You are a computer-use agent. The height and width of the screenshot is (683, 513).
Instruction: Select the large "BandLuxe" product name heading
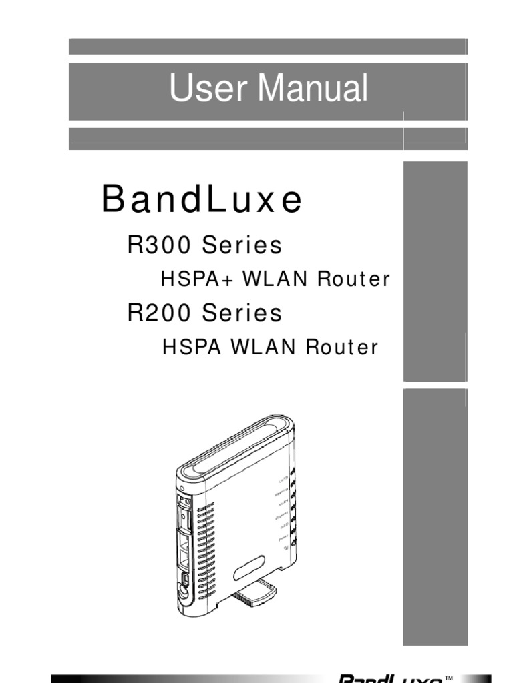click(x=202, y=200)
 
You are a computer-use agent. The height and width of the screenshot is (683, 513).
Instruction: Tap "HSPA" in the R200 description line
click(x=186, y=348)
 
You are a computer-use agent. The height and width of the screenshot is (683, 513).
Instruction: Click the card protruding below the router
click(x=256, y=593)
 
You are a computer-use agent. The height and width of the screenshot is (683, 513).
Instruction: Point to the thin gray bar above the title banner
click(x=268, y=46)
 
